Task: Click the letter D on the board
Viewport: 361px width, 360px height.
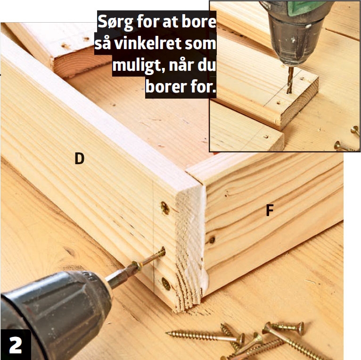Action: point(80,159)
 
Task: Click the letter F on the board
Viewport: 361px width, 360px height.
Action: point(270,210)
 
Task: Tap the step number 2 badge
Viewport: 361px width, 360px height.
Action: point(16,345)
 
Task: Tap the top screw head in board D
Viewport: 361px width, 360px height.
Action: point(165,208)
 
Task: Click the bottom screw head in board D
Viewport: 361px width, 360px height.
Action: point(166,284)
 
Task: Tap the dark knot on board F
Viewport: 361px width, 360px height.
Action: point(212,240)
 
